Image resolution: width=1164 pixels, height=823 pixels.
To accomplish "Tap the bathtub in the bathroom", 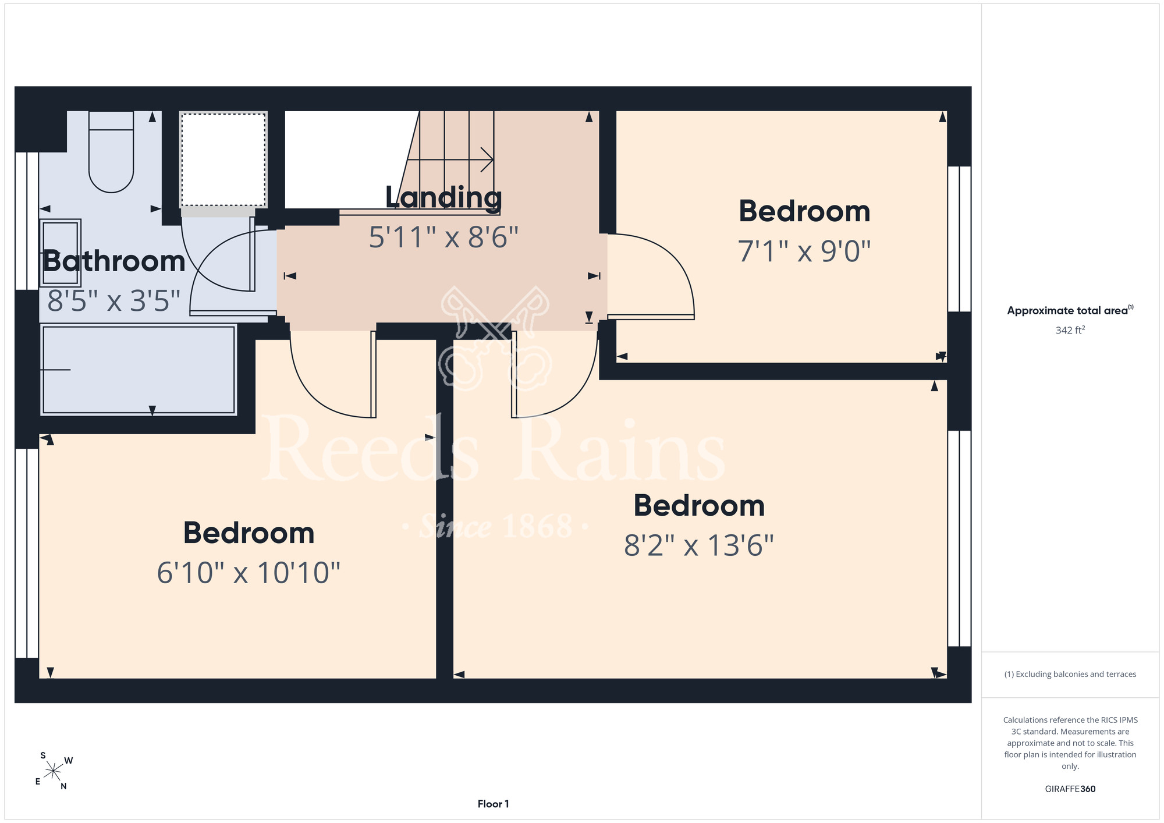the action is [139, 370].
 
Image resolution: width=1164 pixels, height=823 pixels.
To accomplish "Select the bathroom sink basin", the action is [60, 253].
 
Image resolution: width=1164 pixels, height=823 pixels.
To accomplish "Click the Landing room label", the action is [443, 198].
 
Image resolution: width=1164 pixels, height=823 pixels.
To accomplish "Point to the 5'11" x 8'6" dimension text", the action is [443, 237].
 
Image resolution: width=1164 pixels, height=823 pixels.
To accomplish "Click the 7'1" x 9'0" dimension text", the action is [804, 251].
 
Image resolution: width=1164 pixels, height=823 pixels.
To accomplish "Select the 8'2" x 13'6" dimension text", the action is [699, 546].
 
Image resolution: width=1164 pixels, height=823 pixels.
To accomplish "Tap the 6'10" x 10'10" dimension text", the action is [249, 573].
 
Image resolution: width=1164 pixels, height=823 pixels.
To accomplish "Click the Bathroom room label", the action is [114, 261].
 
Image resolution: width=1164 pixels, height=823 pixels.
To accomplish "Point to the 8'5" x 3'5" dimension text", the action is [114, 301].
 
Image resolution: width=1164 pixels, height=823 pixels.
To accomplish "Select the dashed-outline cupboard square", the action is [223, 159].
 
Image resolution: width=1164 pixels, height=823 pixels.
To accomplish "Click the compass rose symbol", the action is [54, 771].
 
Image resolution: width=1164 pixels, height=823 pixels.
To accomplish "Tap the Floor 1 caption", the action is [493, 804].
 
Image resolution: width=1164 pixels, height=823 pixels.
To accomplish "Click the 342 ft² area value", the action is [1070, 330].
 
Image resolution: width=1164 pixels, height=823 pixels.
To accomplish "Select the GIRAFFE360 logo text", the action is [1070, 789].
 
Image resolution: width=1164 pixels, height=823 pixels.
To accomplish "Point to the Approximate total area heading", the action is [1070, 310].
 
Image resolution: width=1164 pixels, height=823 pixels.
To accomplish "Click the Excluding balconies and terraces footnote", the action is [1070, 674].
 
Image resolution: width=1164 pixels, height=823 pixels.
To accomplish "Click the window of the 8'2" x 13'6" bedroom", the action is [959, 538].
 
